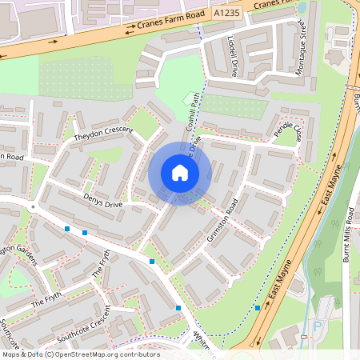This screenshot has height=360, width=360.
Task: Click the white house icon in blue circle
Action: [x=180, y=173]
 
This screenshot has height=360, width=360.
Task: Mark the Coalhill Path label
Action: [x=191, y=111]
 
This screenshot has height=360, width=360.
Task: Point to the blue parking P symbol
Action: [x=317, y=327]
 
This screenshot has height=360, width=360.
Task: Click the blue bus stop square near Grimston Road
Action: [x=152, y=262]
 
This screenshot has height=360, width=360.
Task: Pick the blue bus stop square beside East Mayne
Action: [x=258, y=307]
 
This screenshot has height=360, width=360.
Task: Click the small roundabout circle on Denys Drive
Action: [x=33, y=206]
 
